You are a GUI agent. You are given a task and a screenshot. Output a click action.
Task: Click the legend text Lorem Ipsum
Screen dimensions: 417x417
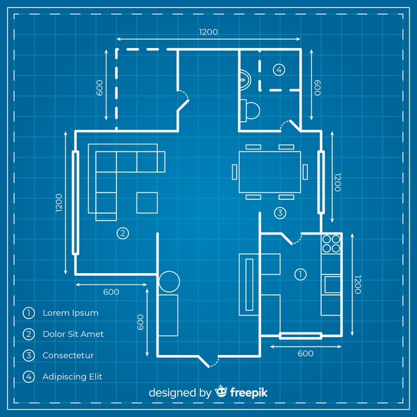coord(70,312)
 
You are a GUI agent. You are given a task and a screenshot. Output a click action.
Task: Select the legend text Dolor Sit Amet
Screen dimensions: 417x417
coord(73,334)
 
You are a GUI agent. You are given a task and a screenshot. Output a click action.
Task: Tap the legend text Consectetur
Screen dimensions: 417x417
coord(68,355)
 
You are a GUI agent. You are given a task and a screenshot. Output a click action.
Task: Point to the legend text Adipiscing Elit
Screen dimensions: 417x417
coord(72,376)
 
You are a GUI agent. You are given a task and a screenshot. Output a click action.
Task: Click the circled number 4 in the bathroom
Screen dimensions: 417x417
coord(278,69)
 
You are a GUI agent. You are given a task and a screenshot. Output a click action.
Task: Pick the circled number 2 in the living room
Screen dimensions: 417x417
coord(122,232)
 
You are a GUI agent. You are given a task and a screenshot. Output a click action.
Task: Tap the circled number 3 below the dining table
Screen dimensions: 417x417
coord(280,213)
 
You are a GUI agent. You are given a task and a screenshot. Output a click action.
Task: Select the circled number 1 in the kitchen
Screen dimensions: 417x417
coord(300,273)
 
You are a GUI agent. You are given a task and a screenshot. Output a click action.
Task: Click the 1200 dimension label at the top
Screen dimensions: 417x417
coord(208,31)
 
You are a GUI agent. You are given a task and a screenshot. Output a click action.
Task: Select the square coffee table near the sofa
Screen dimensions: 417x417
coord(147,202)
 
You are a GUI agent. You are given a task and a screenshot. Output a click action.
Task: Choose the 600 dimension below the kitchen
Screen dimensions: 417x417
coord(304,354)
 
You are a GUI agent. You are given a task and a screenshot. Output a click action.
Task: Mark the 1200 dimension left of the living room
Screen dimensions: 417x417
coord(58,203)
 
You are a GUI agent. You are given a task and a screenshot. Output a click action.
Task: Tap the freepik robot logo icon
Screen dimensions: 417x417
coord(221,392)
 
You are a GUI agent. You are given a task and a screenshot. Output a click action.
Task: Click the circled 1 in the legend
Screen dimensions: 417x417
coord(28,312)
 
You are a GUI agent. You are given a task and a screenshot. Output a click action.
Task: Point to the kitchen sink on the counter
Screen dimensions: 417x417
coord(332,284)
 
